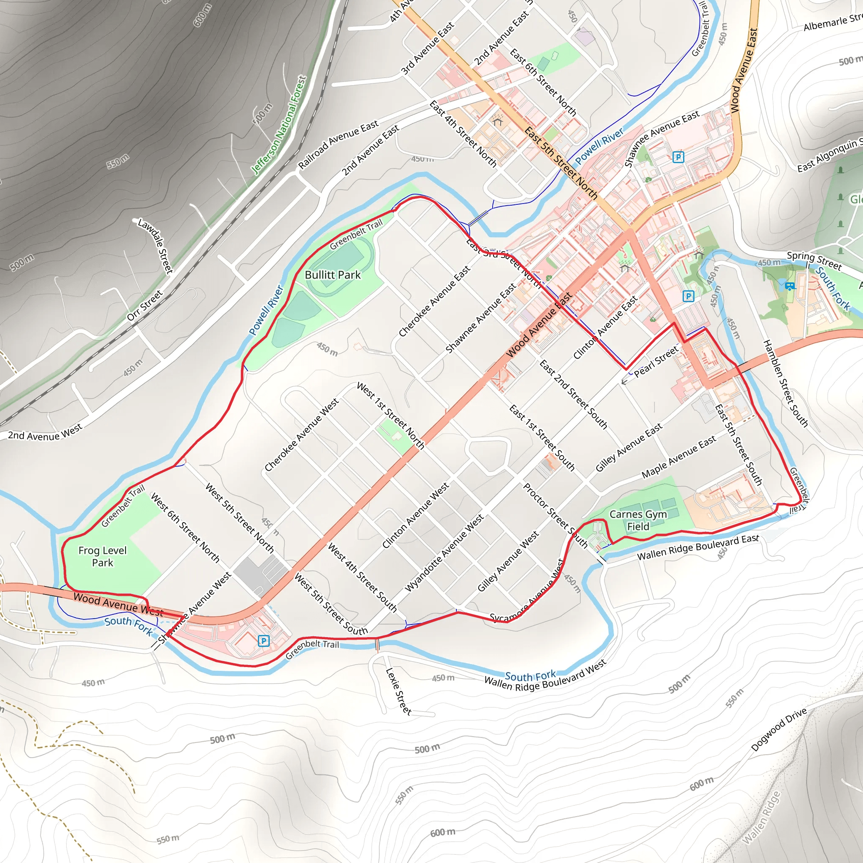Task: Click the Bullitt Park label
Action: [x=332, y=275]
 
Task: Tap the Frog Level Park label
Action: [x=102, y=556]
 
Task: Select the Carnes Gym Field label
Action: [x=638, y=520]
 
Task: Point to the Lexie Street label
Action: [x=398, y=691]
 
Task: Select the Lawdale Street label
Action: [x=155, y=245]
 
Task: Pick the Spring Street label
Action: [x=814, y=261]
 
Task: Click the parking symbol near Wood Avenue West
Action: [x=263, y=641]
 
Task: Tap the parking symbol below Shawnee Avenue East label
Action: [x=678, y=157]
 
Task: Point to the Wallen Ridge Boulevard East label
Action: [x=698, y=547]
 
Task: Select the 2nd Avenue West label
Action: [x=45, y=432]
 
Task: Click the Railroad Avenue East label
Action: [x=338, y=144]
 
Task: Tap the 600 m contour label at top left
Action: [x=203, y=15]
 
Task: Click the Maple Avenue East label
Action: [x=678, y=457]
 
